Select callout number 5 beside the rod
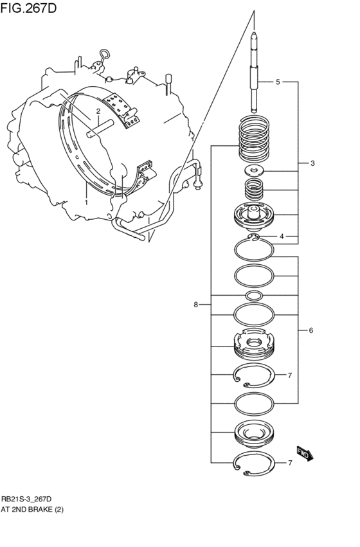[x=278, y=82]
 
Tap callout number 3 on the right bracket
[x=312, y=163]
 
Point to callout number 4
[x=281, y=237]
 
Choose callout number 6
[x=310, y=330]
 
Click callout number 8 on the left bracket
[x=195, y=305]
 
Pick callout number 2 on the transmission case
[x=98, y=111]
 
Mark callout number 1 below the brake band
[x=85, y=202]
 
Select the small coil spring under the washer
[x=255, y=191]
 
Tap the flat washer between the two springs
[x=255, y=170]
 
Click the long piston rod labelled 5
[x=255, y=71]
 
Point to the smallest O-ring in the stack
[x=255, y=296]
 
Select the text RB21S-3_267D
[x=26, y=499]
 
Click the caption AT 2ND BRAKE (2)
[x=32, y=510]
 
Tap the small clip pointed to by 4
[x=255, y=238]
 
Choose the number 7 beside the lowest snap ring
[x=290, y=463]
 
